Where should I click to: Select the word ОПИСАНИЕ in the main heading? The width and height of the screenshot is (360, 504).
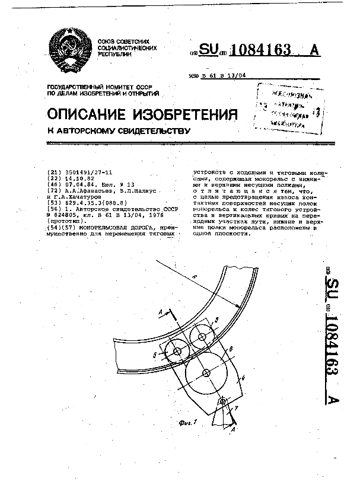pos(88,113)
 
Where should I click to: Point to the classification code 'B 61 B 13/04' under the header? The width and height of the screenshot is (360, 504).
pos(224,75)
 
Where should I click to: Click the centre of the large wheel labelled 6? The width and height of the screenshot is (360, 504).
pos(206,373)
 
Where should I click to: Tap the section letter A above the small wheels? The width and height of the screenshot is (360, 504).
pos(161,310)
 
